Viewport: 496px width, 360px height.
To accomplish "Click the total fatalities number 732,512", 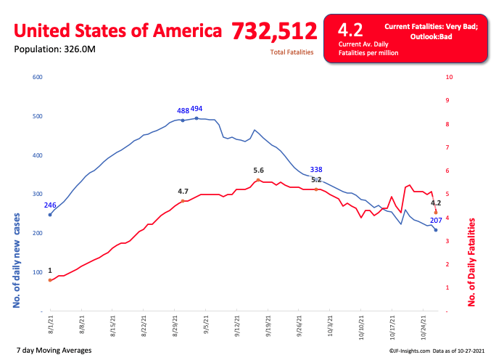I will (x=274, y=31).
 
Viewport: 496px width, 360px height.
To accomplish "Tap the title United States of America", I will (x=118, y=32).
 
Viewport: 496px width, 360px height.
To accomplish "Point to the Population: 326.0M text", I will (x=54, y=49).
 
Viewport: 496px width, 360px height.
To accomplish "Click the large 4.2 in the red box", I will (x=351, y=30).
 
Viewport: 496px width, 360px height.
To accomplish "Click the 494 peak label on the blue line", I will (x=197, y=109).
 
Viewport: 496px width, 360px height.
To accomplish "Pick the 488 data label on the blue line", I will (x=183, y=111).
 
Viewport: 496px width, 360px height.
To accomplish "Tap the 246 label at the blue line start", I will (x=50, y=205).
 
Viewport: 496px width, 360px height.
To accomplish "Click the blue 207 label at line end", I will (x=436, y=220).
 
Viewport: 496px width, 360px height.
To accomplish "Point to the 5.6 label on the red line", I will (x=258, y=170).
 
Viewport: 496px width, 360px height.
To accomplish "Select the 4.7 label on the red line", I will (x=183, y=192).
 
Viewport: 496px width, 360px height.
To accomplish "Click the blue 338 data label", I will (x=316, y=169).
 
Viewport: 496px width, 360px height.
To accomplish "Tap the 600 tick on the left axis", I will (x=38, y=77).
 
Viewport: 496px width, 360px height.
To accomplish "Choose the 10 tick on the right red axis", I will (x=450, y=77).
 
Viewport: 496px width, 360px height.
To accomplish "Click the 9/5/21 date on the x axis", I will (x=206, y=321).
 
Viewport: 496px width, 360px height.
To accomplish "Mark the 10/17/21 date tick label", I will (x=392, y=323).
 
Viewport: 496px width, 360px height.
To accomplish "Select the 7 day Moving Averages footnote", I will (x=53, y=351).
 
